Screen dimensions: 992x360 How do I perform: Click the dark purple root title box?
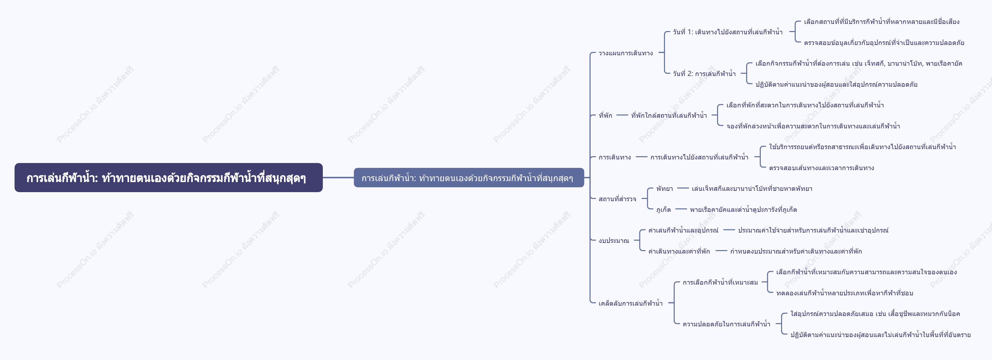[168, 178]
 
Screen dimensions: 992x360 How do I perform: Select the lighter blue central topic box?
[469, 178]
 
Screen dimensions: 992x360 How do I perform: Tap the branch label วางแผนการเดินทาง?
[626, 53]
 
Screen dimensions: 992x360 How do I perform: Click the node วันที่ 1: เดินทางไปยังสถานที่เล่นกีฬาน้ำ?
[728, 32]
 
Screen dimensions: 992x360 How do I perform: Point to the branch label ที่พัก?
[605, 115]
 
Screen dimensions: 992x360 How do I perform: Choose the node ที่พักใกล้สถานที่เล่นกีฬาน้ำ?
[669, 115]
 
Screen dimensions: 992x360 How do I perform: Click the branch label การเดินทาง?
[615, 157]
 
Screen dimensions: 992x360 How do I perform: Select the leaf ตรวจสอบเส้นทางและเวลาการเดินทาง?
[822, 168]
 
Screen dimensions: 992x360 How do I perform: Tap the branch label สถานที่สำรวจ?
[617, 199]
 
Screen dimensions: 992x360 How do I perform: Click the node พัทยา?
[665, 189]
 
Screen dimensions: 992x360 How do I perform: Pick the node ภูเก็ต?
[663, 210]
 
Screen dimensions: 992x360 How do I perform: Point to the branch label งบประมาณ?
[614, 241]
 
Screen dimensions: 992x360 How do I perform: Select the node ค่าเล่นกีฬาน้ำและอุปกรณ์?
[683, 230]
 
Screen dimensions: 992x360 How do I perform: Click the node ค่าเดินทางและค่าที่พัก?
[679, 251]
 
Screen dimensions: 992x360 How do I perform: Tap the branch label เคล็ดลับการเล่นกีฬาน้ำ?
[630, 303]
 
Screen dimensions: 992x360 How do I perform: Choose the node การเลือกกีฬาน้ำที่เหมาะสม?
[720, 282]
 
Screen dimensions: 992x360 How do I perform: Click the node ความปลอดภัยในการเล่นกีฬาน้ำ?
[726, 324]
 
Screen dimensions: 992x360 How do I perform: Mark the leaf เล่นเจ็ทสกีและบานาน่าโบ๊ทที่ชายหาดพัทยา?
[752, 189]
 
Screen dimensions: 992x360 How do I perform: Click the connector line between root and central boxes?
[338, 178]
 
